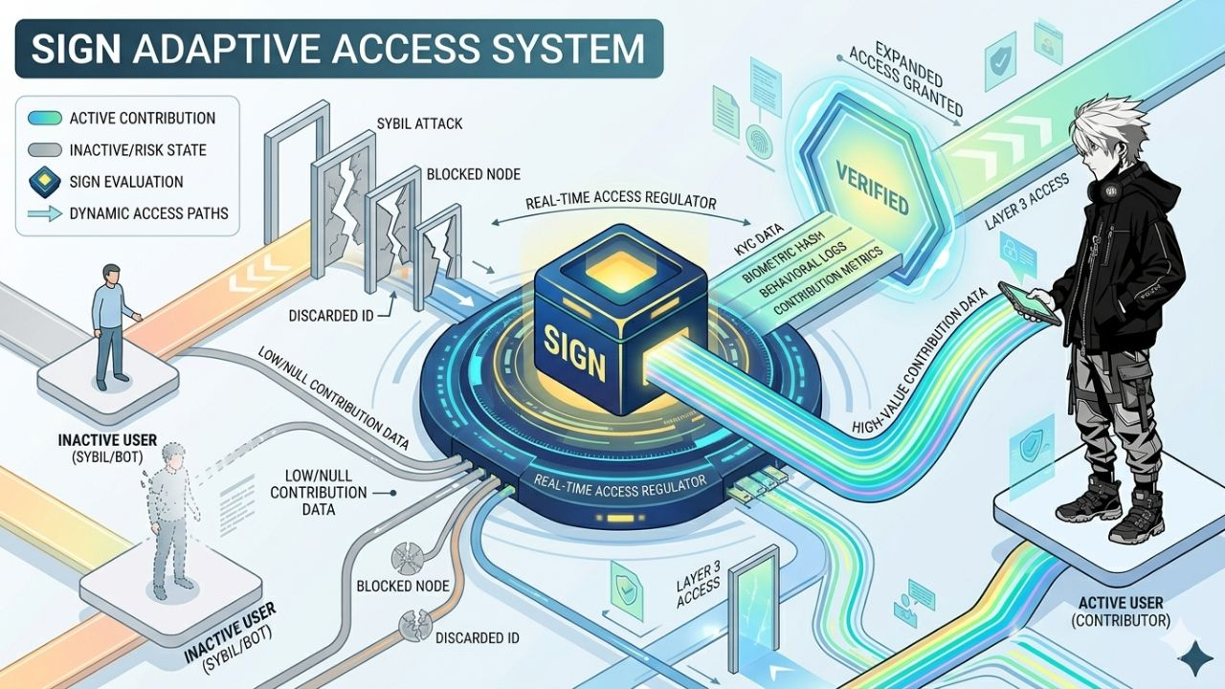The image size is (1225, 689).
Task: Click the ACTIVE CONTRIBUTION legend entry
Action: coord(142,119)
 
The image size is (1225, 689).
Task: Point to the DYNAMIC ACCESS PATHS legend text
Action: coord(149,212)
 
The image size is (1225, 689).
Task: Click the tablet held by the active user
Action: coord(1030,302)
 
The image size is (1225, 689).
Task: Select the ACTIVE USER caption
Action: coord(1121,603)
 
